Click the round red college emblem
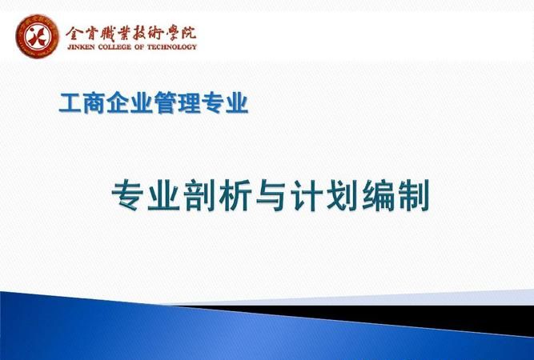click(x=36, y=36)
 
